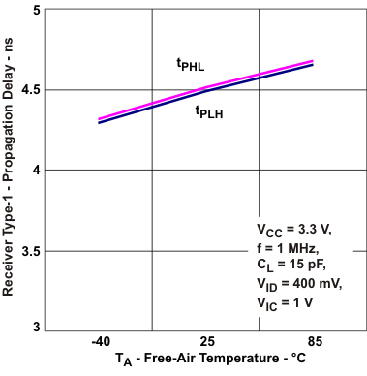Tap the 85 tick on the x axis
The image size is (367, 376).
(313, 343)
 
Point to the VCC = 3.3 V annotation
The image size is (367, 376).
(293, 231)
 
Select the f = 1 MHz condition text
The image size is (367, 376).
(288, 248)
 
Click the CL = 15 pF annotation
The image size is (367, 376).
(292, 266)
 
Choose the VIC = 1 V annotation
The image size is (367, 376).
(288, 303)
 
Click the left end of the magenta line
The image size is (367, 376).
(100, 119)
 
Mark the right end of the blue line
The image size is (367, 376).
(312, 65)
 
